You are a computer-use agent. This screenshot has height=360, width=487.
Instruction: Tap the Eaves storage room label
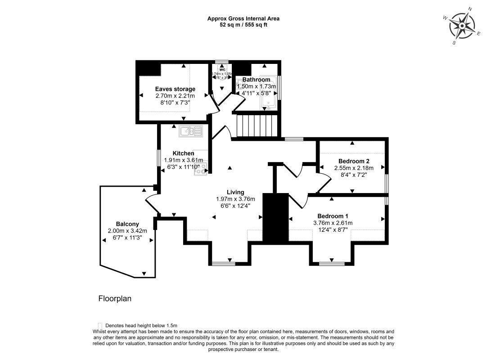pyautogui.click(x=175, y=89)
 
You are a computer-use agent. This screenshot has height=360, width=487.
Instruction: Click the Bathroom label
pyautogui.click(x=256, y=79)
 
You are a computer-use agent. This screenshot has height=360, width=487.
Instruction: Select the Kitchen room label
pyautogui.click(x=183, y=153)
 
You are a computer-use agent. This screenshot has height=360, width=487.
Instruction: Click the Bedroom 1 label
pyautogui.click(x=333, y=216)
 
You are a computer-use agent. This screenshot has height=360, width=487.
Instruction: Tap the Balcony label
pyautogui.click(x=127, y=224)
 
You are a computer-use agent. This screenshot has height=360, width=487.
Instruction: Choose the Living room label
pyautogui.click(x=235, y=192)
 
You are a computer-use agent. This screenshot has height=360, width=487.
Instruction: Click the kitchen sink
pyautogui.click(x=191, y=131)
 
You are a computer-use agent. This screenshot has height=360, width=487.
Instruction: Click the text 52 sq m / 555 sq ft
pyautogui.click(x=243, y=25)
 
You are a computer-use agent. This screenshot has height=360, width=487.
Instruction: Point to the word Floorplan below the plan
pyautogui.click(x=115, y=298)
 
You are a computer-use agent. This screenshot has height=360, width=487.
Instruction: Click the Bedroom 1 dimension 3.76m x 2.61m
pyautogui.click(x=333, y=223)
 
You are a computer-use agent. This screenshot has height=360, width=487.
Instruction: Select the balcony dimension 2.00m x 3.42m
pyautogui.click(x=127, y=231)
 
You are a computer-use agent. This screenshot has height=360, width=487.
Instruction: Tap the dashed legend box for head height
pyautogui.click(x=99, y=325)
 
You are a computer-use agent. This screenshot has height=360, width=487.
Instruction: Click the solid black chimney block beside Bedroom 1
pyautogui.click(x=275, y=218)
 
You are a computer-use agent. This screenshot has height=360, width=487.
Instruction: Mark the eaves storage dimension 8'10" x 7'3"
pyautogui.click(x=175, y=103)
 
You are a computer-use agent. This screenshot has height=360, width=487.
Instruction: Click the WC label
pyautogui.click(x=221, y=69)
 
